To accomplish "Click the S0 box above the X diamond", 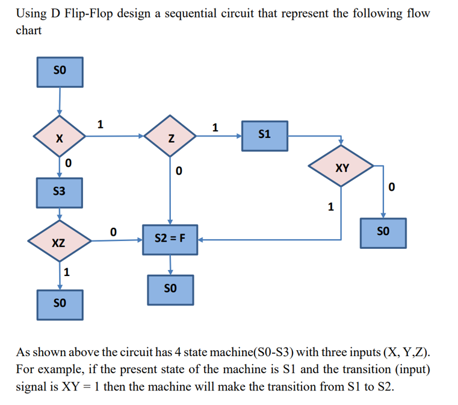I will (x=60, y=72).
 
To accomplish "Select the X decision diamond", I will (x=59, y=138).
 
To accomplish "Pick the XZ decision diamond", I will (x=59, y=243).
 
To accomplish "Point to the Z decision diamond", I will (x=171, y=139).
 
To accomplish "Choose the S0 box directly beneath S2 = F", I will (x=171, y=289).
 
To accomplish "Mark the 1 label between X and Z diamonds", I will (x=101, y=124).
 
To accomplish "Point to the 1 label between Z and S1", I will (x=215, y=127).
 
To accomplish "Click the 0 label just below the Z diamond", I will (x=178, y=172).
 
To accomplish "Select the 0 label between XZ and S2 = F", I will (x=113, y=231).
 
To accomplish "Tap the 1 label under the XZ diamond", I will (x=67, y=272).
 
